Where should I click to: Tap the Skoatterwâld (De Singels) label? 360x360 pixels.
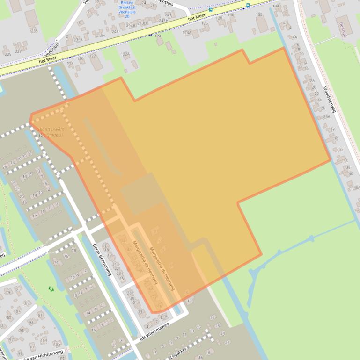[x=51, y=132]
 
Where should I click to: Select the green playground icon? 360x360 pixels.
[x=51, y=289]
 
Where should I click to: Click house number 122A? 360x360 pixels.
[x=125, y=54]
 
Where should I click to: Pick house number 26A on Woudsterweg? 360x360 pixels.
[x=326, y=117]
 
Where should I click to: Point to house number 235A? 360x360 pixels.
[x=78, y=40]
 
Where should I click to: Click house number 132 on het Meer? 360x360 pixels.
[x=259, y=14]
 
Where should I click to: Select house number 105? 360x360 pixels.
[x=57, y=344]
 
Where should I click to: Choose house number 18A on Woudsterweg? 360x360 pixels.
[x=311, y=80]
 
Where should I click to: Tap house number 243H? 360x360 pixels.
[x=163, y=21]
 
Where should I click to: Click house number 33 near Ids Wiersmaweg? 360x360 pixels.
[x=140, y=311]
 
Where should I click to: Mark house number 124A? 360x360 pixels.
[x=187, y=32]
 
